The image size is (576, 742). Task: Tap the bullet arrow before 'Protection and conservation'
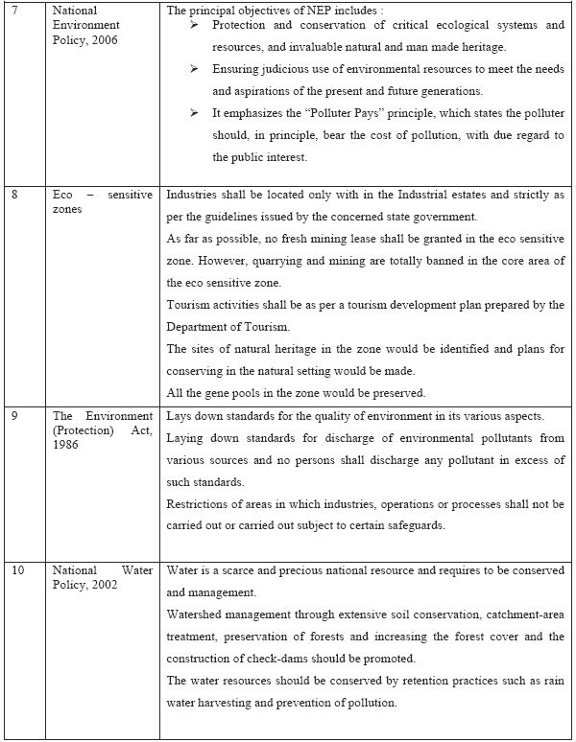pyautogui.click(x=192, y=26)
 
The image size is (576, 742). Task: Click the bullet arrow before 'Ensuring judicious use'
pyautogui.click(x=192, y=70)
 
